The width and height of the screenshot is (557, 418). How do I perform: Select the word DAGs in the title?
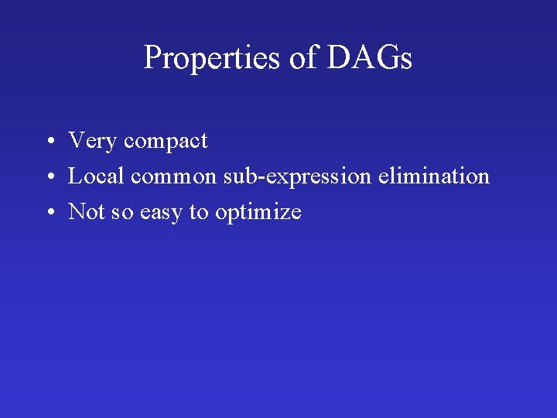click(x=370, y=59)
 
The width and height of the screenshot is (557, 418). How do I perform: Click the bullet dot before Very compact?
click(x=49, y=142)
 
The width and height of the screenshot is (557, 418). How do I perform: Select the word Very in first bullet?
click(x=93, y=141)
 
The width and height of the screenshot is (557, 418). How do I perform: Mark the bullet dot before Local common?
click(x=49, y=178)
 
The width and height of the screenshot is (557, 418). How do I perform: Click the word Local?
click(x=97, y=176)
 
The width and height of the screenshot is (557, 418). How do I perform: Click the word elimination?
click(x=434, y=176)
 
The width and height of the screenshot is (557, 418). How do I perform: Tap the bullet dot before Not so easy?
click(x=49, y=214)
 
